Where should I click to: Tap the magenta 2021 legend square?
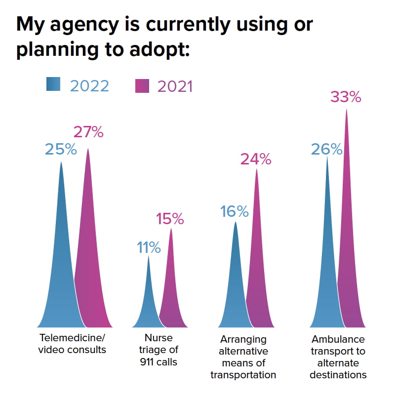[x=142, y=85]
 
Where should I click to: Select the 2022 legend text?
[x=89, y=86]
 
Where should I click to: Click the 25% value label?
[x=61, y=149]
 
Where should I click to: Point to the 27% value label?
[x=88, y=132]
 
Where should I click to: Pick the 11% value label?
[x=149, y=247]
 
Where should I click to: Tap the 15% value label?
[x=170, y=219]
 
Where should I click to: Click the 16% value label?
[x=234, y=212]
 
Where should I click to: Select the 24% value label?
[x=256, y=160]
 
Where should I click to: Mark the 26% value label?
[x=326, y=149]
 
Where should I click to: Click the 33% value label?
[x=346, y=97]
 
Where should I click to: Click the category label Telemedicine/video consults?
[x=73, y=345]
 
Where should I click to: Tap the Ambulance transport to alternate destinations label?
[x=338, y=357]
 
